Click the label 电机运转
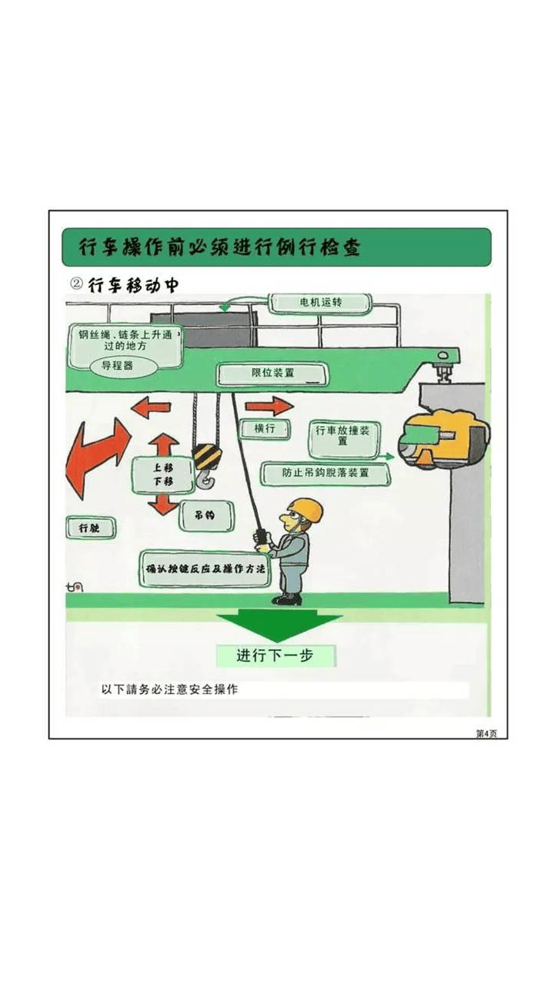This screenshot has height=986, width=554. coord(320,303)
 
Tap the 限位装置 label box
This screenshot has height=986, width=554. coord(272,374)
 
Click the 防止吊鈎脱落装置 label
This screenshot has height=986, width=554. coord(325,473)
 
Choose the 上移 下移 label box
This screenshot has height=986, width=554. coord(162,475)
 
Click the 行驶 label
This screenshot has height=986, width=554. coord(90,528)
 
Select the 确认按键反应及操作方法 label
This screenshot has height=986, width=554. coord(205,570)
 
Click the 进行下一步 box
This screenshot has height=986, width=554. coord(275,656)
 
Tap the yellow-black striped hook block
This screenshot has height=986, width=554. coord(206,457)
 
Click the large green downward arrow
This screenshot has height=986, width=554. coord(278,622)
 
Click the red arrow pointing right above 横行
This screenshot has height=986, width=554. coord(270,406)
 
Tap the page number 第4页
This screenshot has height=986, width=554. coord(487,733)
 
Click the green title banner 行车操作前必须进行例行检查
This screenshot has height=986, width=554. coord(276,247)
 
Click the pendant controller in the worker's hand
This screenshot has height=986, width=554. coord(261,536)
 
